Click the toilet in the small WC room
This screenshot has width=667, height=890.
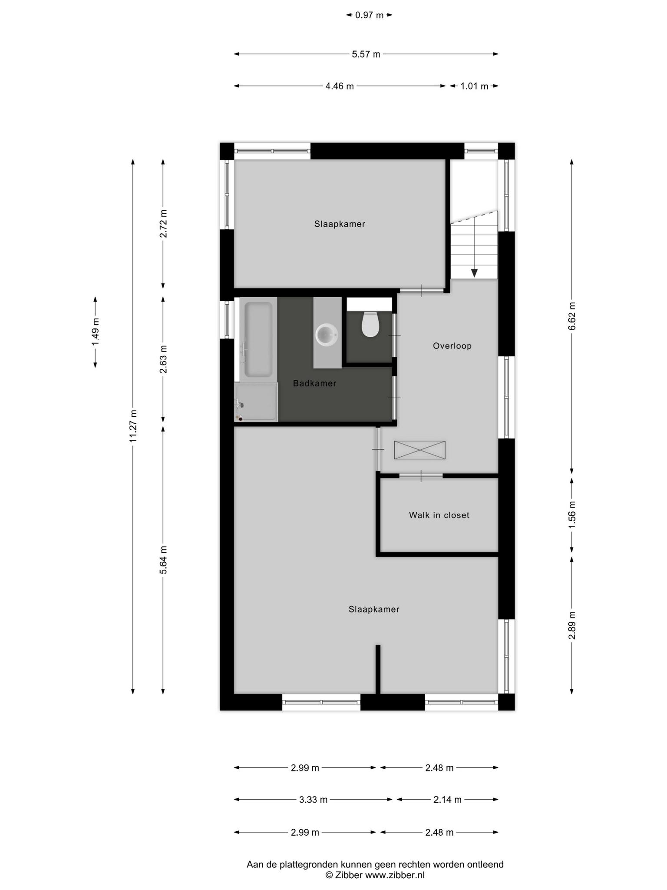[370, 324]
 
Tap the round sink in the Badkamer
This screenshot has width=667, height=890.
[327, 335]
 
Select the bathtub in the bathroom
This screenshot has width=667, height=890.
[258, 339]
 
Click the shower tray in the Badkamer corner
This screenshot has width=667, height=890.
[256, 402]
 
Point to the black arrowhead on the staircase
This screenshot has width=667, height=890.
[474, 273]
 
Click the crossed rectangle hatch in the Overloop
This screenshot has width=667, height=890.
[419, 450]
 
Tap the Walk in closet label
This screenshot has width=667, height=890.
[439, 515]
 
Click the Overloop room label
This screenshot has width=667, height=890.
[452, 346]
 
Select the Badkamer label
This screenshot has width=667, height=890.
[314, 383]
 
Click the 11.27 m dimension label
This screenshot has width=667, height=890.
[133, 426]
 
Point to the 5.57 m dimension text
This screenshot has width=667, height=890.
[366, 54]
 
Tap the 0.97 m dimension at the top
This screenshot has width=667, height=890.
[369, 15]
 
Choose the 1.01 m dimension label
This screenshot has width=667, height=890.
[474, 86]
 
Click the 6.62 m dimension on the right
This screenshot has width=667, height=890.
[572, 316]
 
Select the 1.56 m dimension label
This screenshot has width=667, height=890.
[572, 515]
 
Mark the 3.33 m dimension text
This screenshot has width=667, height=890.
[313, 800]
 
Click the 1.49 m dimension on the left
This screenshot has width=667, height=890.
[96, 332]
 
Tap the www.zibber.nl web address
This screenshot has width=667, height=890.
[395, 875]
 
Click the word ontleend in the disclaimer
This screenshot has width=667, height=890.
[485, 864]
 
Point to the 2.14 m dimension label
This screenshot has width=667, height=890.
[447, 800]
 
